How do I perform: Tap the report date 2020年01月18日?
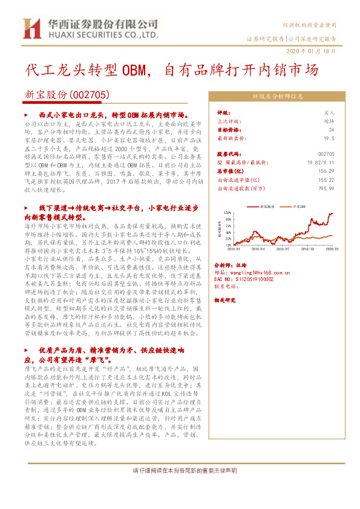pyautogui.click(x=309, y=51)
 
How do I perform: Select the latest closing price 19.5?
pyautogui.click(x=329, y=138)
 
